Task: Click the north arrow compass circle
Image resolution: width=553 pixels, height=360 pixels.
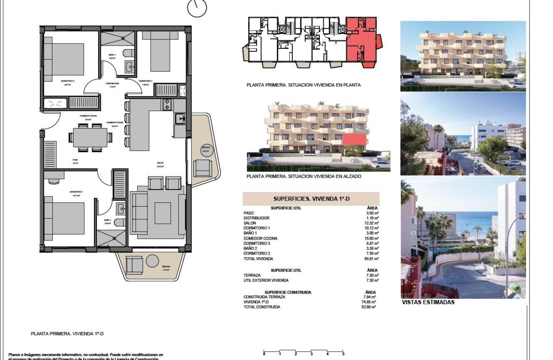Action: click(x=197, y=8)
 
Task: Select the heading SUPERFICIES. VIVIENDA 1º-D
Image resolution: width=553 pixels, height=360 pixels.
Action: click(x=311, y=199)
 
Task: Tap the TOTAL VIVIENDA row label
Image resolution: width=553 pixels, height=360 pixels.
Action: click(x=258, y=259)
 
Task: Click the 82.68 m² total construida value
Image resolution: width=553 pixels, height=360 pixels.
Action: click(x=370, y=307)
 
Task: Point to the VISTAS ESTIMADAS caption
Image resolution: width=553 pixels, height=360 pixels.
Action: click(x=428, y=302)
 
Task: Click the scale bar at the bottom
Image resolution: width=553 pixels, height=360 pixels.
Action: click(x=304, y=352)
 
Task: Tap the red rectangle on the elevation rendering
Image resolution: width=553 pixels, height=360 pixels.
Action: click(x=355, y=139)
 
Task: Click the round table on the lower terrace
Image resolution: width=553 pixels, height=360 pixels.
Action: click(x=152, y=261)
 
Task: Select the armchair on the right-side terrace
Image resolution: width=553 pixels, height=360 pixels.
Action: click(x=201, y=168)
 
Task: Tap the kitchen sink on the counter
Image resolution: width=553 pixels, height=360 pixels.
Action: click(x=180, y=118)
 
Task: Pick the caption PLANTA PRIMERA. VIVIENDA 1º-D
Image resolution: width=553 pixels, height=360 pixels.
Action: click(x=68, y=333)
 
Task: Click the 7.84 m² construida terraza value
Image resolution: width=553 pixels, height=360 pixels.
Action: click(x=370, y=297)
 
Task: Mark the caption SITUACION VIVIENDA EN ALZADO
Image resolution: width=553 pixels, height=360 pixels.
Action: click(x=304, y=176)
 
